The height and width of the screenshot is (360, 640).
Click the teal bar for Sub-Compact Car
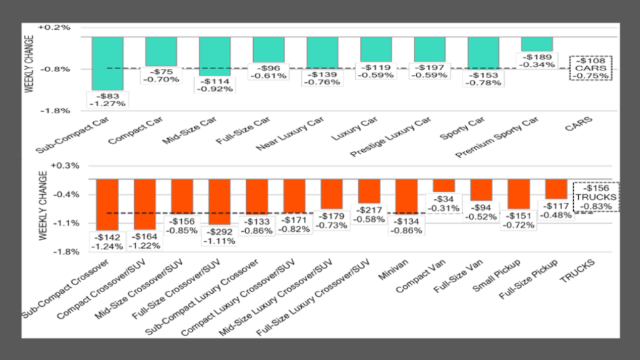107,63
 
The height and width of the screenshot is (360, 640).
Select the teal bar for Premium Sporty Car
537,44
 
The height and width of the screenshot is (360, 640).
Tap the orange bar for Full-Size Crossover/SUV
220,201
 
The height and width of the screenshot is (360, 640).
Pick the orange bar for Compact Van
444,185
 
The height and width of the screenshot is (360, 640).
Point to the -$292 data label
220,236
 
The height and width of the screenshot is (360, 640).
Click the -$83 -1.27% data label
107,99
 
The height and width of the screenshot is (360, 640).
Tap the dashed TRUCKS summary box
596,196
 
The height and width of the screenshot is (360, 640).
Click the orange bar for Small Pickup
519,193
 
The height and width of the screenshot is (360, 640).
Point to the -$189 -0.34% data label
537,60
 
